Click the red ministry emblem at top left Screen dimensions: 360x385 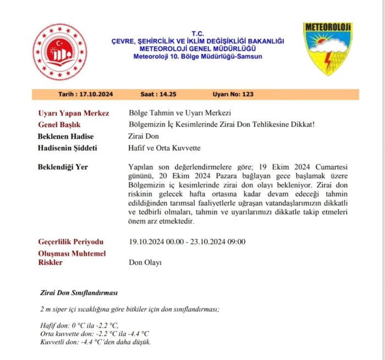click(x=59, y=52)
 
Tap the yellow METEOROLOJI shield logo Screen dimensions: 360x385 click(x=328, y=48)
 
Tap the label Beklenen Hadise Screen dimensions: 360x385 click(x=66, y=137)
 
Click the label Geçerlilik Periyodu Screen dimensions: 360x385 click(x=70, y=242)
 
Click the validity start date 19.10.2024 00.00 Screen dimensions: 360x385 click(x=155, y=242)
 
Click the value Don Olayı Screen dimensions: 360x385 click(x=145, y=263)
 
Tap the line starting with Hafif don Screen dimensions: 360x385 click(x=80, y=325)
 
